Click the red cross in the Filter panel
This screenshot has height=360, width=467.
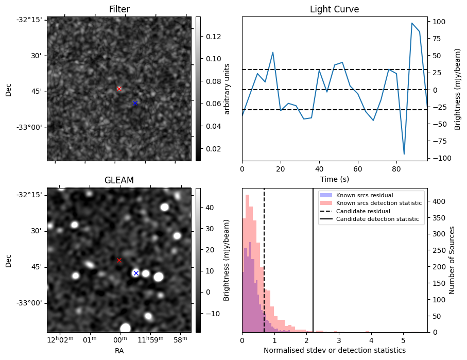point(119,89)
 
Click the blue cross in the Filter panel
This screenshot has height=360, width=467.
point(135,104)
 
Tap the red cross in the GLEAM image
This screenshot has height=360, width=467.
point(119,260)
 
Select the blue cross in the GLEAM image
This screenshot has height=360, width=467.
point(136,273)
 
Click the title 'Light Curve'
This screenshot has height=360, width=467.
point(334,10)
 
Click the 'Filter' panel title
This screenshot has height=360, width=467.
point(119,10)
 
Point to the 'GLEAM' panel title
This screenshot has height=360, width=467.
point(119,180)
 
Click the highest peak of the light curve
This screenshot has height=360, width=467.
point(412,23)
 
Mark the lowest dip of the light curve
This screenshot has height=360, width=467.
point(404,154)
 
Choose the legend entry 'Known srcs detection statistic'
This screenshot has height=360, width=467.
point(378,203)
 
